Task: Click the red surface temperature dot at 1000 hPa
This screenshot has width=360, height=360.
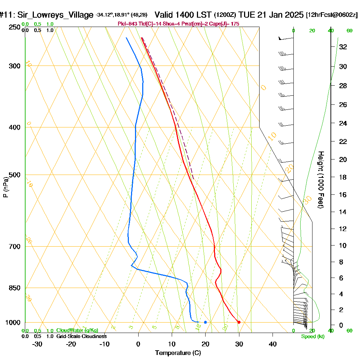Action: (239, 322)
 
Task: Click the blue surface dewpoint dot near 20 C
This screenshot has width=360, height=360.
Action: (205, 322)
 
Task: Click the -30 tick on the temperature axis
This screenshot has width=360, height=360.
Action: (37, 344)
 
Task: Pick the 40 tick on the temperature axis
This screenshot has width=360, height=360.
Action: (273, 344)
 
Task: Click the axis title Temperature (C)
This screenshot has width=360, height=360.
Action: (178, 353)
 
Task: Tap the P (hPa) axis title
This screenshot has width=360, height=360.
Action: (5, 187)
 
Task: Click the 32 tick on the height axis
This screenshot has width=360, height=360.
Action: (343, 47)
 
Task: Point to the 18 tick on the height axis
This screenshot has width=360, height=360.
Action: (343, 177)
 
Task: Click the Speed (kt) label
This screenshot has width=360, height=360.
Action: (313, 336)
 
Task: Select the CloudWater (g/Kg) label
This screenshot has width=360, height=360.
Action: (77, 330)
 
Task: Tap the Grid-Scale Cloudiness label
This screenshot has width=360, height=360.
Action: (81, 336)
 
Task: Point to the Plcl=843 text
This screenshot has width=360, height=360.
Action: (128, 24)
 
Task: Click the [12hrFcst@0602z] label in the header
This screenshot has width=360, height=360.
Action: (332, 15)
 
